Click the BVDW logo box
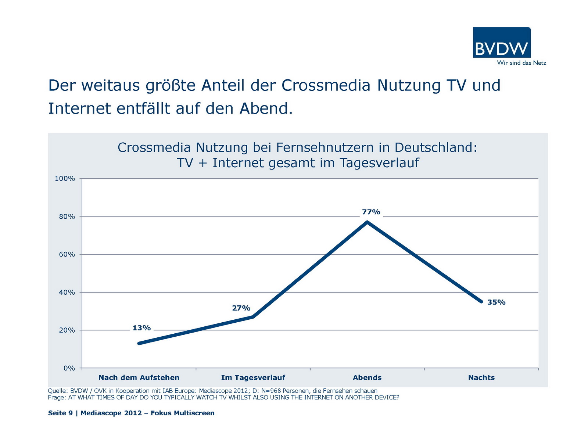pyautogui.click(x=502, y=42)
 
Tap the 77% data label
pyautogui.click(x=371, y=212)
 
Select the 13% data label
pyautogui.click(x=141, y=328)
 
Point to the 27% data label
pyautogui.click(x=241, y=308)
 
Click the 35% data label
pyautogui.click(x=496, y=302)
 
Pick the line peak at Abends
pyautogui.click(x=367, y=222)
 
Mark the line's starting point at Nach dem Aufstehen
pyautogui.click(x=139, y=343)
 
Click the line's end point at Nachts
pyautogui.click(x=481, y=302)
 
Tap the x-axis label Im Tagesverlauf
pyautogui.click(x=253, y=377)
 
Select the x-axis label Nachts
pyautogui.click(x=481, y=377)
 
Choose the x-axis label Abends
pyautogui.click(x=367, y=377)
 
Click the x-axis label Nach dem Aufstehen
pyautogui.click(x=139, y=377)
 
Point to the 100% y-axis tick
pyautogui.click(x=65, y=179)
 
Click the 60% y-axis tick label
pyautogui.click(x=67, y=254)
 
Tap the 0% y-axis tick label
pyautogui.click(x=69, y=368)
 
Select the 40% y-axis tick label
pyautogui.click(x=67, y=292)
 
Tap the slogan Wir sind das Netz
pyautogui.click(x=521, y=63)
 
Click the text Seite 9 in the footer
pyautogui.click(x=60, y=413)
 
